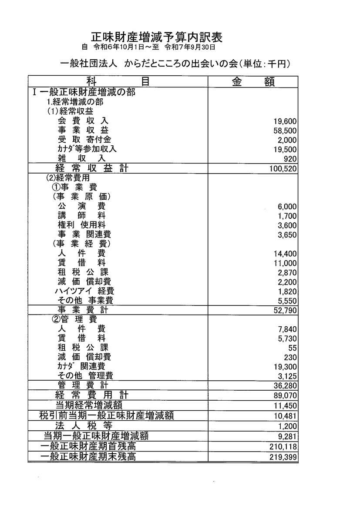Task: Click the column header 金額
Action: click(x=253, y=82)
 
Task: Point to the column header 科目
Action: click(x=118, y=82)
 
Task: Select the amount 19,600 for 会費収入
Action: click(x=286, y=122)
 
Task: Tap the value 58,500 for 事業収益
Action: click(x=286, y=131)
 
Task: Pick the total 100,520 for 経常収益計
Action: click(x=283, y=168)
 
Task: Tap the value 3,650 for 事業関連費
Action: click(x=287, y=235)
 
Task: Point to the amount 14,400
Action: click(x=286, y=254)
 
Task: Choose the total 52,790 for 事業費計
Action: click(x=286, y=310)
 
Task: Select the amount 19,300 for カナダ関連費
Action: click(x=286, y=367)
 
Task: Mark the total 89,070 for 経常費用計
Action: click(x=286, y=395)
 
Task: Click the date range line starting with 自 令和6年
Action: click(x=148, y=47)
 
